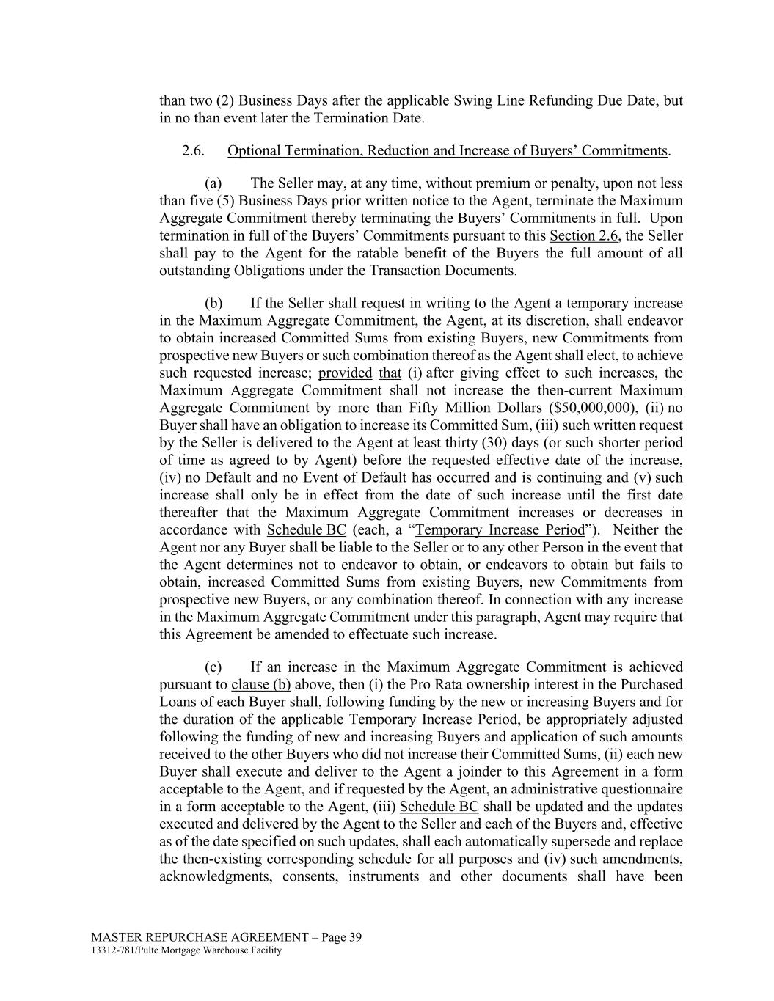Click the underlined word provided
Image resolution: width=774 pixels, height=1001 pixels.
tap(345, 373)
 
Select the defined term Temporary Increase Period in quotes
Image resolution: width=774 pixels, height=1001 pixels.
tap(500, 530)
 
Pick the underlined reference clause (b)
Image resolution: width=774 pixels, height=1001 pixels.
tap(260, 685)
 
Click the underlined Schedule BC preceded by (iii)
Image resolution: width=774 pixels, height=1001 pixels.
tap(439, 807)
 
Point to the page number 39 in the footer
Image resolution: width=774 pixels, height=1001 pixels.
tap(354, 937)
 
